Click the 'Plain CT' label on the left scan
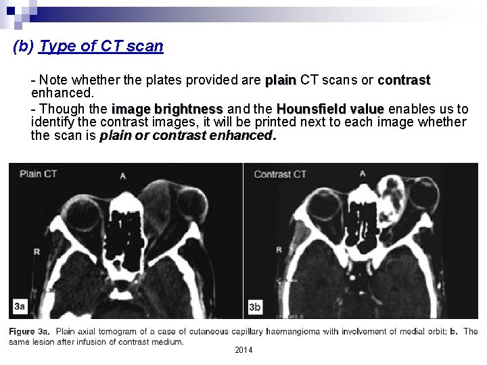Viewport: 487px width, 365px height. (x=38, y=174)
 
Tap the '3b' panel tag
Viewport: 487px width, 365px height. (x=255, y=308)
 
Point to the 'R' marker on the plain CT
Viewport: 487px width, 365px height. (x=36, y=251)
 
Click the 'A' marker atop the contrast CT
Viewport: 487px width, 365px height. (x=363, y=174)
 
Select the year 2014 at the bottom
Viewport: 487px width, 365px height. (x=243, y=349)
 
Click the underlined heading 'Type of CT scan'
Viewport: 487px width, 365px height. (x=101, y=47)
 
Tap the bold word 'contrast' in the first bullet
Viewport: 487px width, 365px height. (x=404, y=80)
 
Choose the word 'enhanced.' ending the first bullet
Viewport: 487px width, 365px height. (x=62, y=91)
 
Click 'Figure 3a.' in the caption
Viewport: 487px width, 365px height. (x=30, y=331)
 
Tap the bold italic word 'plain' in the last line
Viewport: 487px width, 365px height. (x=116, y=135)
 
